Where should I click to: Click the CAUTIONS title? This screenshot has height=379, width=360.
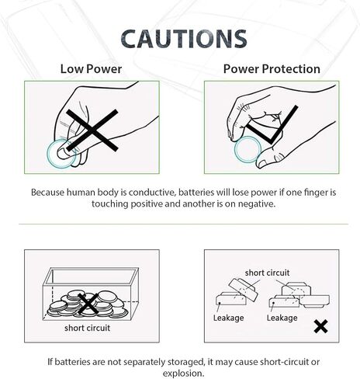(184, 39)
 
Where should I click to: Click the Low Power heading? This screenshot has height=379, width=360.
(91, 69)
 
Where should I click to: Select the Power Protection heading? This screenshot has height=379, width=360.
(272, 69)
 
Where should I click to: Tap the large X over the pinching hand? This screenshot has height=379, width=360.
(92, 130)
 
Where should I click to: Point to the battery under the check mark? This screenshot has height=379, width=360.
(247, 150)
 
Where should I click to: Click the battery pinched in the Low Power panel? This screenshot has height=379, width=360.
(61, 155)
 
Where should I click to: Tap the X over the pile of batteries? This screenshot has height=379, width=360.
(88, 304)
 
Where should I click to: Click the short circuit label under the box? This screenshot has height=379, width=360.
(88, 328)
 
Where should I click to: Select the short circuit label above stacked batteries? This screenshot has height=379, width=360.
(267, 273)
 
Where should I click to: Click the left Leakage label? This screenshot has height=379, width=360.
(229, 318)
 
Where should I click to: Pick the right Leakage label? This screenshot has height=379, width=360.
(282, 318)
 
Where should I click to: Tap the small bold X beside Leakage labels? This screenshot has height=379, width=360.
(320, 326)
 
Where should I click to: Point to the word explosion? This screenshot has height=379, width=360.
(183, 374)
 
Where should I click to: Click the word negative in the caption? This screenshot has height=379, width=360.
(256, 204)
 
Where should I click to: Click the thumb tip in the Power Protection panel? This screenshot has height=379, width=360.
(261, 162)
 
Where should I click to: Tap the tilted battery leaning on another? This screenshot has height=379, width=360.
(244, 290)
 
